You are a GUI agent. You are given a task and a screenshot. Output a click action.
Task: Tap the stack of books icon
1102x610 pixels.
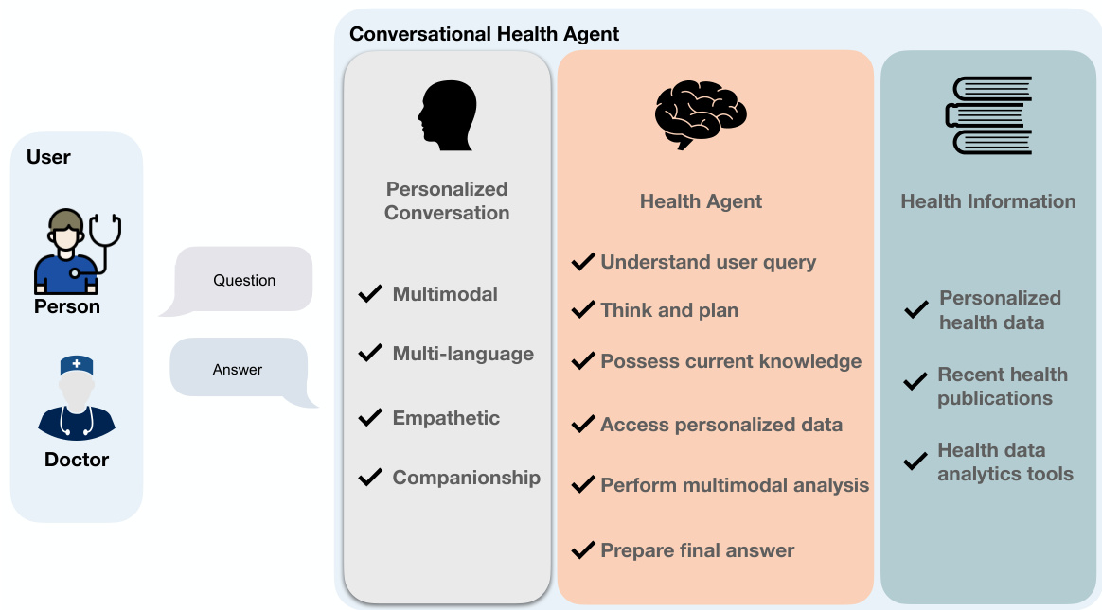click(987, 114)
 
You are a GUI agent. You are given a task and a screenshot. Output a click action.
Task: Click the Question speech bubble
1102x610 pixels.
click(244, 280)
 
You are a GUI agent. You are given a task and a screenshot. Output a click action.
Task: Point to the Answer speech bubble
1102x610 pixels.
click(239, 369)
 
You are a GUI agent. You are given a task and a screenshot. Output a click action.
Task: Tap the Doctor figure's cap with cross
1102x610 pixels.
click(77, 365)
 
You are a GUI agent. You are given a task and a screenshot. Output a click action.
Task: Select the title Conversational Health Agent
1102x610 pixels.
click(484, 34)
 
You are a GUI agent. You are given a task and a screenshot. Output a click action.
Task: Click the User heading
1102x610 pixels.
click(48, 157)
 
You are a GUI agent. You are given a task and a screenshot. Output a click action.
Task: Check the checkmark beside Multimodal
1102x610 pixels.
click(370, 294)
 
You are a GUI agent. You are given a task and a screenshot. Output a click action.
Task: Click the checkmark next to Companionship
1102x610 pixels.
click(370, 478)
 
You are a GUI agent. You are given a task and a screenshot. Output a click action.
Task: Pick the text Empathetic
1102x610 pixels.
click(446, 418)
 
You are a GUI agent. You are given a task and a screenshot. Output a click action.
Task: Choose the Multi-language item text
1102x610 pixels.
click(463, 354)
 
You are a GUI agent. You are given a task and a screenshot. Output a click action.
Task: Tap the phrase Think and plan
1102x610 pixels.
click(669, 310)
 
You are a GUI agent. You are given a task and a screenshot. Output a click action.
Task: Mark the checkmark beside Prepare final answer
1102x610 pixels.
click(583, 550)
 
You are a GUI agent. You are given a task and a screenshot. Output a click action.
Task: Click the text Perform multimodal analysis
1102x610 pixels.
click(735, 486)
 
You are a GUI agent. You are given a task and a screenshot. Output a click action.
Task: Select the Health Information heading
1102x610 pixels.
click(987, 201)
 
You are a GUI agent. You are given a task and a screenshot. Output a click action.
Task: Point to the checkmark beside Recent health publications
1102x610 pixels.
click(915, 382)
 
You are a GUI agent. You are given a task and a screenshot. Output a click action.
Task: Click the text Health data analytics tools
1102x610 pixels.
click(1004, 462)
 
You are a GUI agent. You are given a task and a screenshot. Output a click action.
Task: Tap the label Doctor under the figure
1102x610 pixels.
click(77, 461)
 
